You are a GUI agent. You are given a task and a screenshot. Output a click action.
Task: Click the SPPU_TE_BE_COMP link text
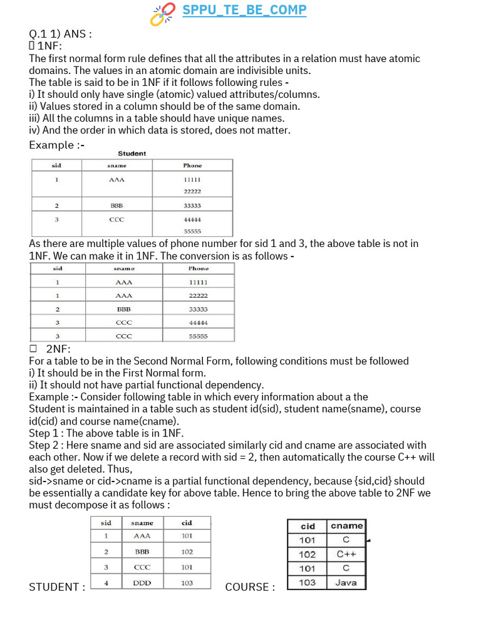click(x=244, y=10)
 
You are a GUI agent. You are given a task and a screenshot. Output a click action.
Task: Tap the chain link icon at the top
click(x=163, y=14)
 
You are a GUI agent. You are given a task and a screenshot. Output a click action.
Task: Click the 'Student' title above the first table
click(x=132, y=154)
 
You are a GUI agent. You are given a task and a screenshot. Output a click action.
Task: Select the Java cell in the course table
click(x=346, y=582)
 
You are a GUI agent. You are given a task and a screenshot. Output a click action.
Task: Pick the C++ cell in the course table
click(x=346, y=554)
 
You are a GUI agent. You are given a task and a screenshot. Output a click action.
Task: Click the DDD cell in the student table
click(x=142, y=582)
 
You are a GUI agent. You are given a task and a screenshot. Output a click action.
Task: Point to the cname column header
click(x=346, y=526)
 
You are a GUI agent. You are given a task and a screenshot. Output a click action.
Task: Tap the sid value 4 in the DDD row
click(x=106, y=582)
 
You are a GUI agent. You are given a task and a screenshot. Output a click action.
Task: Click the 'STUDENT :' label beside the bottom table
click(x=57, y=587)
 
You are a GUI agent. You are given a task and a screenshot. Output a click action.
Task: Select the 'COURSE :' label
click(x=250, y=587)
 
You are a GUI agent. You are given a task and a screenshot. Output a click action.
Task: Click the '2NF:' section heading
click(x=58, y=349)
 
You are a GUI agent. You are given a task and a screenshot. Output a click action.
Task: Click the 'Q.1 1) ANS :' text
click(x=60, y=34)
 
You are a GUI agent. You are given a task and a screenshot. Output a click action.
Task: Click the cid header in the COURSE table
click(x=308, y=526)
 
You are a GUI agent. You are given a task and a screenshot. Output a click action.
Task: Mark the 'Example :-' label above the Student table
click(x=56, y=145)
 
